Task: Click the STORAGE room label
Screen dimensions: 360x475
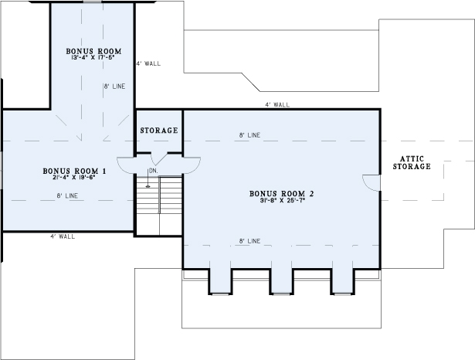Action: [159, 131]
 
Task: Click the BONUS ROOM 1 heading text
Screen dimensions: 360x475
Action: [74, 170]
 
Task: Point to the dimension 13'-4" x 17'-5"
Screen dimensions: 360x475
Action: [92, 56]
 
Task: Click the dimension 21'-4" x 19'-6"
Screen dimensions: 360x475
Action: [74, 177]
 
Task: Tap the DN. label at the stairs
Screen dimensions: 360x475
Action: [153, 171]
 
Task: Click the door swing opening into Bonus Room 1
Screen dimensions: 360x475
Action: [127, 165]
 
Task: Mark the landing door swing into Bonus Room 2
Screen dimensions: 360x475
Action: [191, 164]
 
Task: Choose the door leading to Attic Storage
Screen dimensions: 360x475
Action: [371, 181]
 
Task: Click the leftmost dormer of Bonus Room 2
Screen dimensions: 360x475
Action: [220, 281]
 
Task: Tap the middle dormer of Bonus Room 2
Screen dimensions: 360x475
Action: [280, 281]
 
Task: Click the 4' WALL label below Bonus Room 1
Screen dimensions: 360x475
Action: [62, 236]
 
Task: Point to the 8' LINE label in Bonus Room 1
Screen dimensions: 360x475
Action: [67, 196]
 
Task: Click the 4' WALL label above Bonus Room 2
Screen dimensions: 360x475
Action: [277, 104]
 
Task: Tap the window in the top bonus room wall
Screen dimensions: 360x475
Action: [92, 2]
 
